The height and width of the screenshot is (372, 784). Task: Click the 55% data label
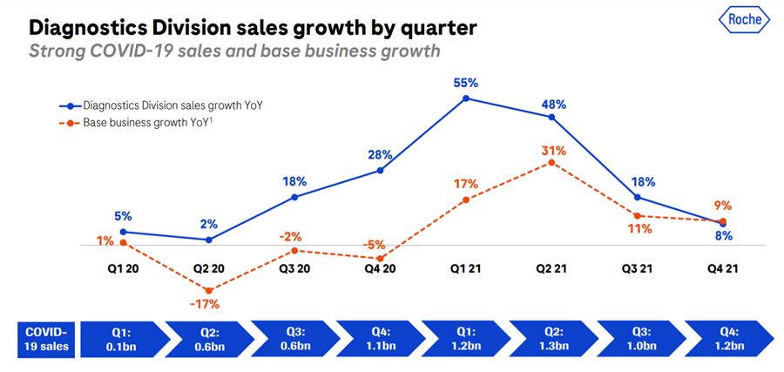click(x=466, y=83)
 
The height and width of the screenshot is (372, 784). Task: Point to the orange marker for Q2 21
click(x=551, y=163)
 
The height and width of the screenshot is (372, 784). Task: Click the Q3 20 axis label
click(x=294, y=269)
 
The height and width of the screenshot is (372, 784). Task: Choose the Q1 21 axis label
click(x=466, y=269)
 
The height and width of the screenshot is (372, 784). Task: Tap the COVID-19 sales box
click(x=47, y=339)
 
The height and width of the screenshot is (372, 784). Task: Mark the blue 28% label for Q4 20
click(x=380, y=154)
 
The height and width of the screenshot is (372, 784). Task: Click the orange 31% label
click(x=552, y=150)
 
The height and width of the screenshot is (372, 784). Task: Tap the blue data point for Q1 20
click(x=123, y=232)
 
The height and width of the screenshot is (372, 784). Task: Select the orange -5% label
click(x=375, y=245)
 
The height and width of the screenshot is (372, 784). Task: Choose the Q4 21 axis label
click(x=724, y=269)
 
